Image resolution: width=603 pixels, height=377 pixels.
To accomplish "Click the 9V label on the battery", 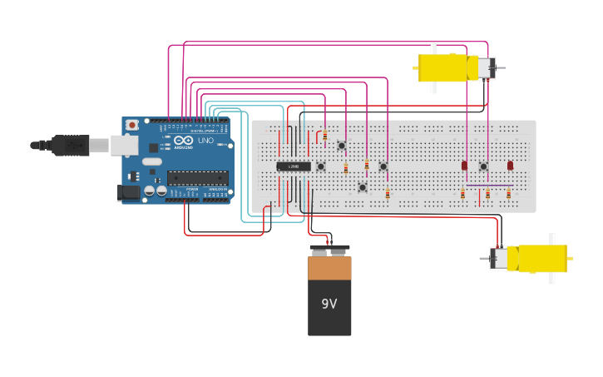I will (329, 304).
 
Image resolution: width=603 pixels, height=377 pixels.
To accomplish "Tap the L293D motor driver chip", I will (293, 166).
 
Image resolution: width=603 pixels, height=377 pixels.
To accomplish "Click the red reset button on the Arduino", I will (131, 125).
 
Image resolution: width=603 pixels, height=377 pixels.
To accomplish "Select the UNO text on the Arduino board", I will (205, 140).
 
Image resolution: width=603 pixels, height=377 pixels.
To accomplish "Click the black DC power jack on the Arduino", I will (129, 192).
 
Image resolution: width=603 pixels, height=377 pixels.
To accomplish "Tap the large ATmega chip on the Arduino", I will (197, 177).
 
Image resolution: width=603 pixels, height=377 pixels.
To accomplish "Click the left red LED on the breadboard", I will (464, 166).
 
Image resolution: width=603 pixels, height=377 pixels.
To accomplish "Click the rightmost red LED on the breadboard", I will (510, 166).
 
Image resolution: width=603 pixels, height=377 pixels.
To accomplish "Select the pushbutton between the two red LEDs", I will (483, 166).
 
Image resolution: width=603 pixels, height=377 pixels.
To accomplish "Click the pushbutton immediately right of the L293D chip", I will (320, 166).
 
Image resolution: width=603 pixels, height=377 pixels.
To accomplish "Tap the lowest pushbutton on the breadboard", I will (362, 187).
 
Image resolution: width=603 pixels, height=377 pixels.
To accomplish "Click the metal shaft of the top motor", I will (501, 67).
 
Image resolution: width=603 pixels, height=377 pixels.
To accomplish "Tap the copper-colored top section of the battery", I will (329, 269).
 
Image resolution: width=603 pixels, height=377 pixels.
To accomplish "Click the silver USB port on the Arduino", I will (124, 146).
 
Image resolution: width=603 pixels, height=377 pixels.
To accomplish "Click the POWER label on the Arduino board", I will (191, 189).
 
